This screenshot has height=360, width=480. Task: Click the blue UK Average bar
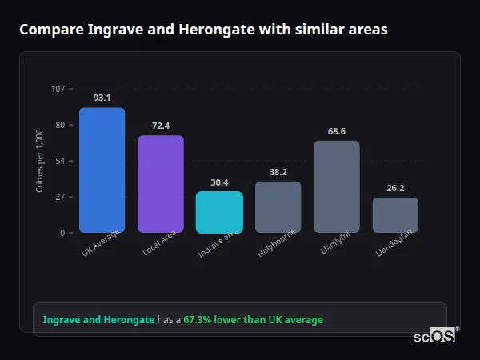point(102,170)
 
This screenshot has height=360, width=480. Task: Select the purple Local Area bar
point(161,184)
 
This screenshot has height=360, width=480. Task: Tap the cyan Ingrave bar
point(219,212)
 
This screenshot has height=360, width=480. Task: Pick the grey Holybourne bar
point(278,206)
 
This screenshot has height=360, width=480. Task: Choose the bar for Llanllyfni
point(337,186)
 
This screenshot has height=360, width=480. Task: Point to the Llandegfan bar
point(395,215)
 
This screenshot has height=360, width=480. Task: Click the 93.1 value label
point(102,98)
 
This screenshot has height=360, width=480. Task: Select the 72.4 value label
point(161,126)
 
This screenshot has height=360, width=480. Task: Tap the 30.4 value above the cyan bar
point(219,182)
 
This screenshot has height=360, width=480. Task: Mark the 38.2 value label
point(278,172)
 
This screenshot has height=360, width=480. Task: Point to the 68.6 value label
point(337,131)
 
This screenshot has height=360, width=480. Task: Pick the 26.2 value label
point(395,188)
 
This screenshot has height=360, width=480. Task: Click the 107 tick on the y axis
point(58,89)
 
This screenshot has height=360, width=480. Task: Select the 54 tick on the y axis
point(60,161)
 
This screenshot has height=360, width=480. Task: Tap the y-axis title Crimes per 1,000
point(40,161)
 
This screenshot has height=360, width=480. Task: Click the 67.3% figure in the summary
point(198,320)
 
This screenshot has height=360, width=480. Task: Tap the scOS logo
point(435,336)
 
